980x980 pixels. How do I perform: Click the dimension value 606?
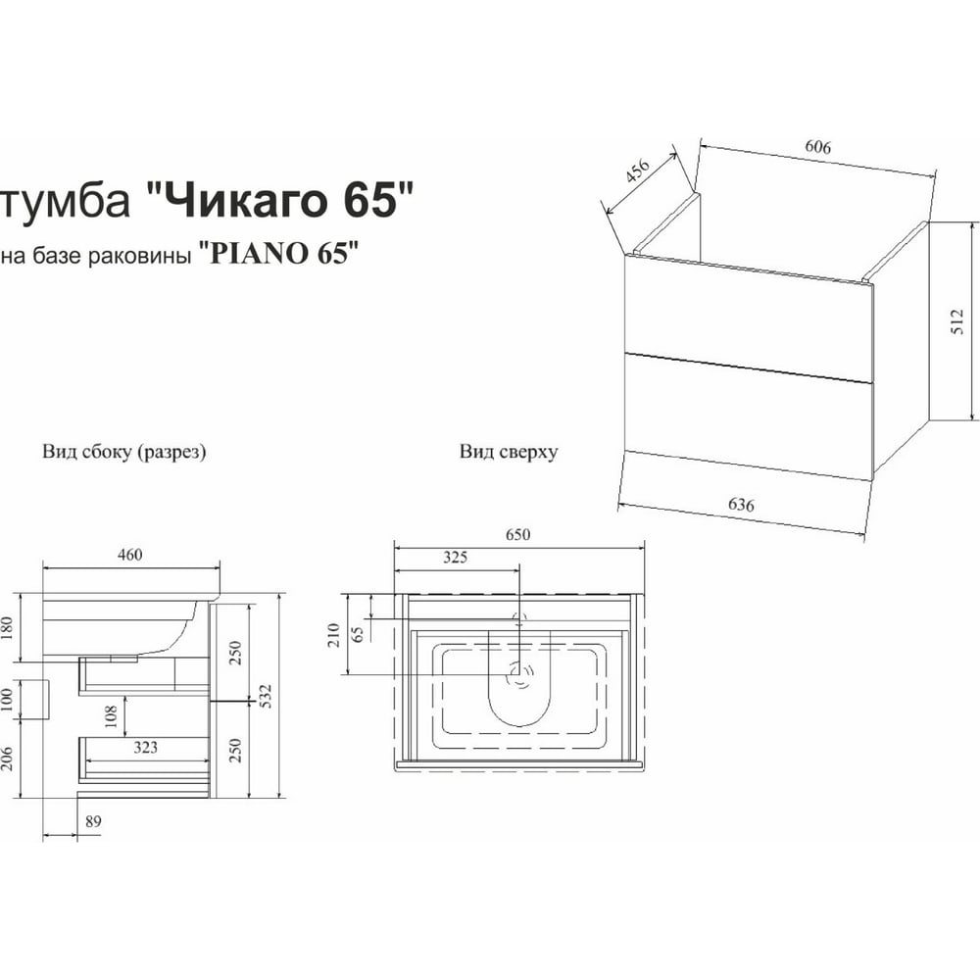[817, 147]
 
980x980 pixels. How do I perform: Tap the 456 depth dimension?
[638, 171]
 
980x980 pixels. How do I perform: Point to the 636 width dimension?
[741, 505]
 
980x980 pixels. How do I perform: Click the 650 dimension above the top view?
[518, 534]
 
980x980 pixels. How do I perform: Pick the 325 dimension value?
[455, 557]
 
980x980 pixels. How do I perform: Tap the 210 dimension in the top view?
[334, 635]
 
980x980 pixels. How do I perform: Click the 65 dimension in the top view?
[358, 634]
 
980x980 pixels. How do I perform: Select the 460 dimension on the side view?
[129, 555]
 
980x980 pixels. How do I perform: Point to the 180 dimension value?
[6, 628]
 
